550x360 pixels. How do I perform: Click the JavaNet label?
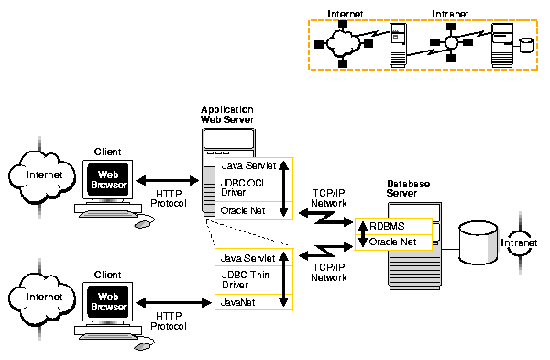[x=239, y=300]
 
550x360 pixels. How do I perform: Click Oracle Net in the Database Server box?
[x=393, y=242]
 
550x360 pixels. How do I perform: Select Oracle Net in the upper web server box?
[x=244, y=211]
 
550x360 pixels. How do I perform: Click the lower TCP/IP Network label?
[x=328, y=272]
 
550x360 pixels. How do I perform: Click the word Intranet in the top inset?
[x=452, y=15]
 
